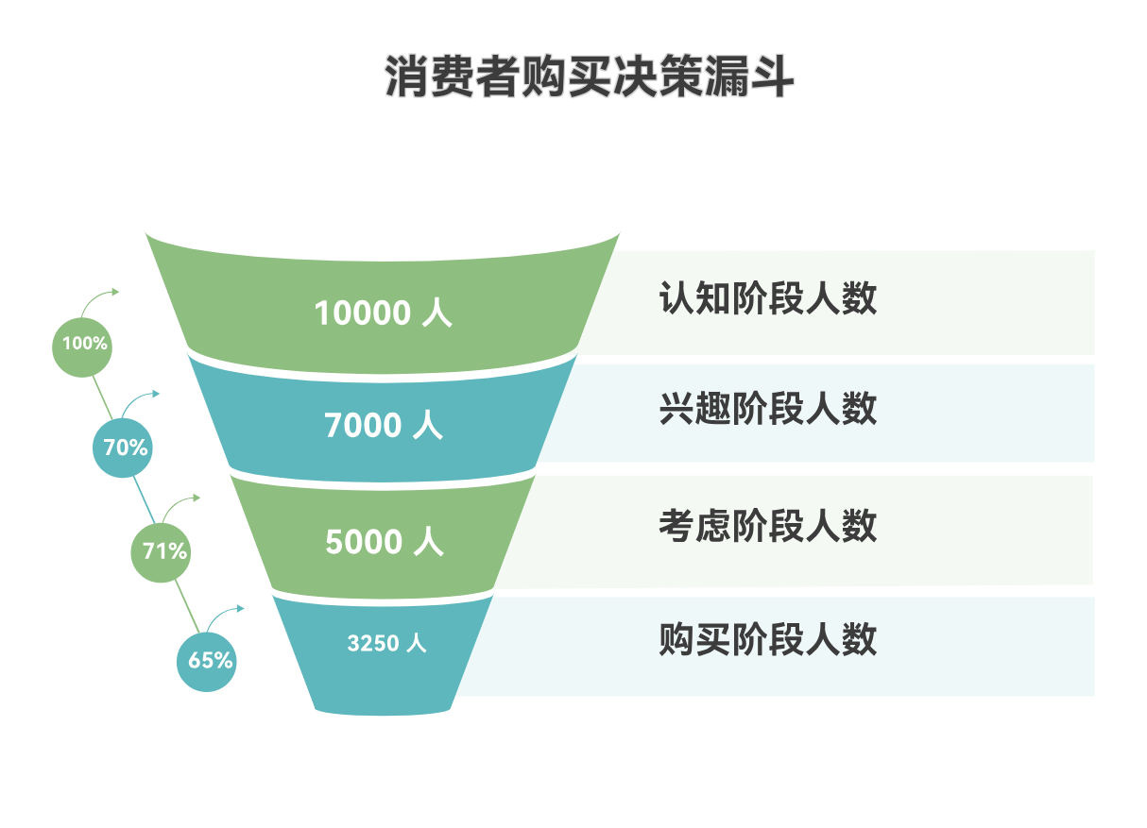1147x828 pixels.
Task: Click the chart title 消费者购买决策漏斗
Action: tap(589, 77)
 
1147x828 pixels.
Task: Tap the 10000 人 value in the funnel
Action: tap(383, 313)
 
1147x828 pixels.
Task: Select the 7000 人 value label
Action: tap(383, 426)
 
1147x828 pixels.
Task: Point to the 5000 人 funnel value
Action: tap(384, 542)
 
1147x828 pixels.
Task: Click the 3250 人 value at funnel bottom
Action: tap(386, 644)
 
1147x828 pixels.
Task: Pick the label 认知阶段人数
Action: tap(767, 298)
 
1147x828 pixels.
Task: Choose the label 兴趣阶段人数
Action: tap(767, 409)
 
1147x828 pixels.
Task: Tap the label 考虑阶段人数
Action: tap(767, 526)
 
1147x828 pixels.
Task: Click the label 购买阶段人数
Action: tap(767, 640)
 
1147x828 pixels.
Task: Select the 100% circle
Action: tap(84, 345)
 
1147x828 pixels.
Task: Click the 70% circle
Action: tap(125, 448)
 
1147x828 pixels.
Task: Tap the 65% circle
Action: tap(207, 660)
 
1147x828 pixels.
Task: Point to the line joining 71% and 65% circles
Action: tap(185, 605)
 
